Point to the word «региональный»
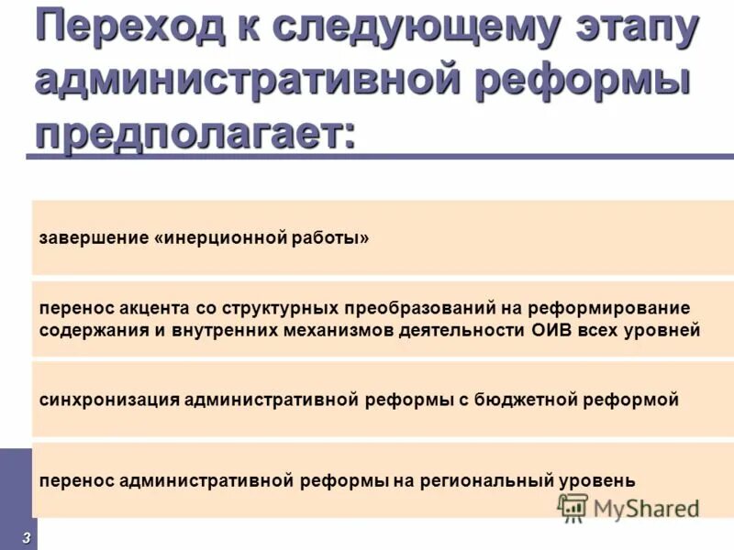[484, 480]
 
